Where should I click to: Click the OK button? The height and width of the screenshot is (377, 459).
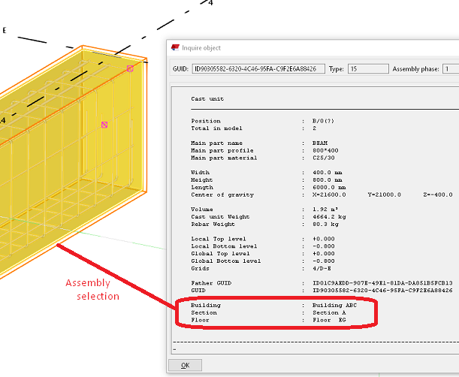pyautogui.click(x=185, y=365)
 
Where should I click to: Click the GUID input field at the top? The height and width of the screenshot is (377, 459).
pyautogui.click(x=258, y=69)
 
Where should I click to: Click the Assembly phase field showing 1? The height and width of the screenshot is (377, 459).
pyautogui.click(x=449, y=69)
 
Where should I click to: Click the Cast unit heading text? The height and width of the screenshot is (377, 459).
pyautogui.click(x=207, y=98)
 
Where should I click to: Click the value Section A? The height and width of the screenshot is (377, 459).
pyautogui.click(x=328, y=312)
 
